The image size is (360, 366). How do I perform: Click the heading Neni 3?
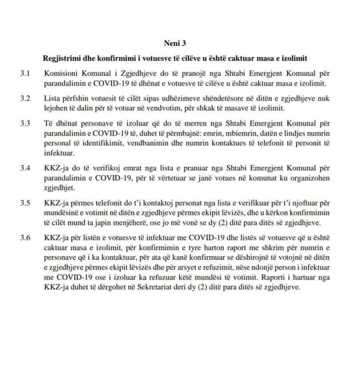(x=175, y=43)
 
